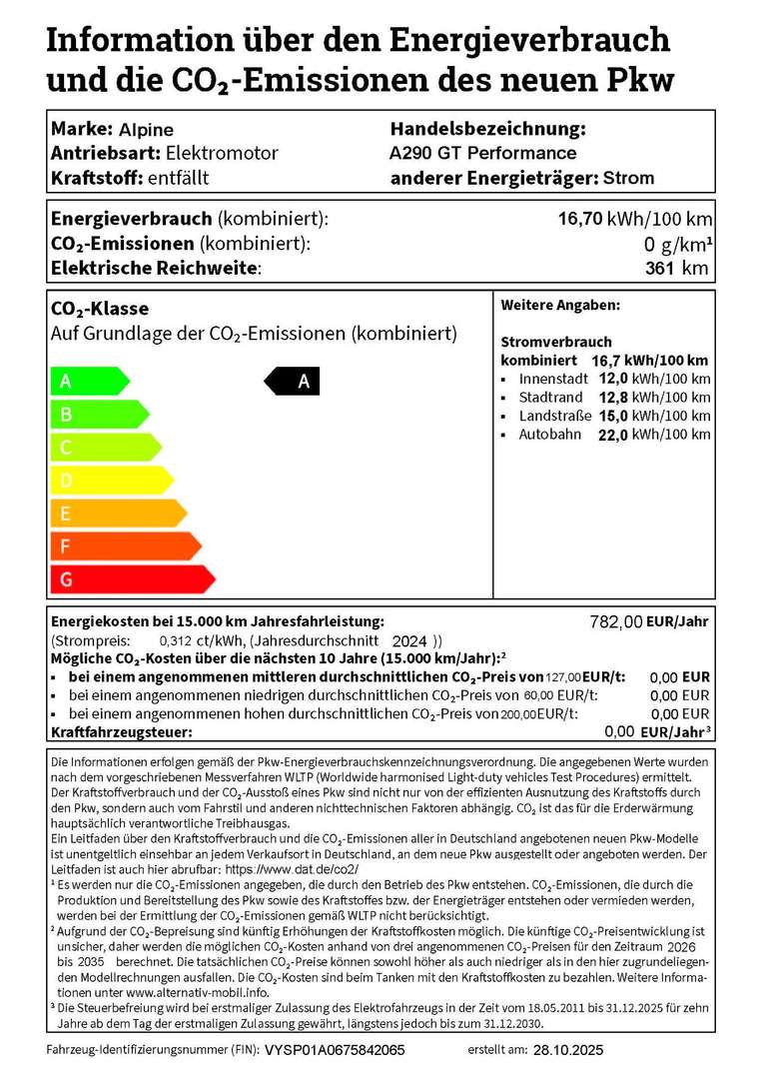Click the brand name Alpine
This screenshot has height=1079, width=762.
tap(146, 130)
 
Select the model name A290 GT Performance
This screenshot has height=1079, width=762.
tap(482, 154)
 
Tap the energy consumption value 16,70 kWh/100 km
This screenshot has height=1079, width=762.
tap(634, 219)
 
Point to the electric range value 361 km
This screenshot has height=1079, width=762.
tap(677, 268)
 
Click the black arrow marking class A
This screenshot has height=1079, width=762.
tap(292, 381)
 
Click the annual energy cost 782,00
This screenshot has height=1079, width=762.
tap(617, 621)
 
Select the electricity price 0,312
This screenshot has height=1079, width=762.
tap(176, 640)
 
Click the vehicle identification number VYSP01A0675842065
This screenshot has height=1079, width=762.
tap(335, 1051)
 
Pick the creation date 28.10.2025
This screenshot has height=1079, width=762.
tap(568, 1051)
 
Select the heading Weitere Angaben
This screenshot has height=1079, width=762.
tap(560, 305)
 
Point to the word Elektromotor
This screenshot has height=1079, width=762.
tap(222, 154)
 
